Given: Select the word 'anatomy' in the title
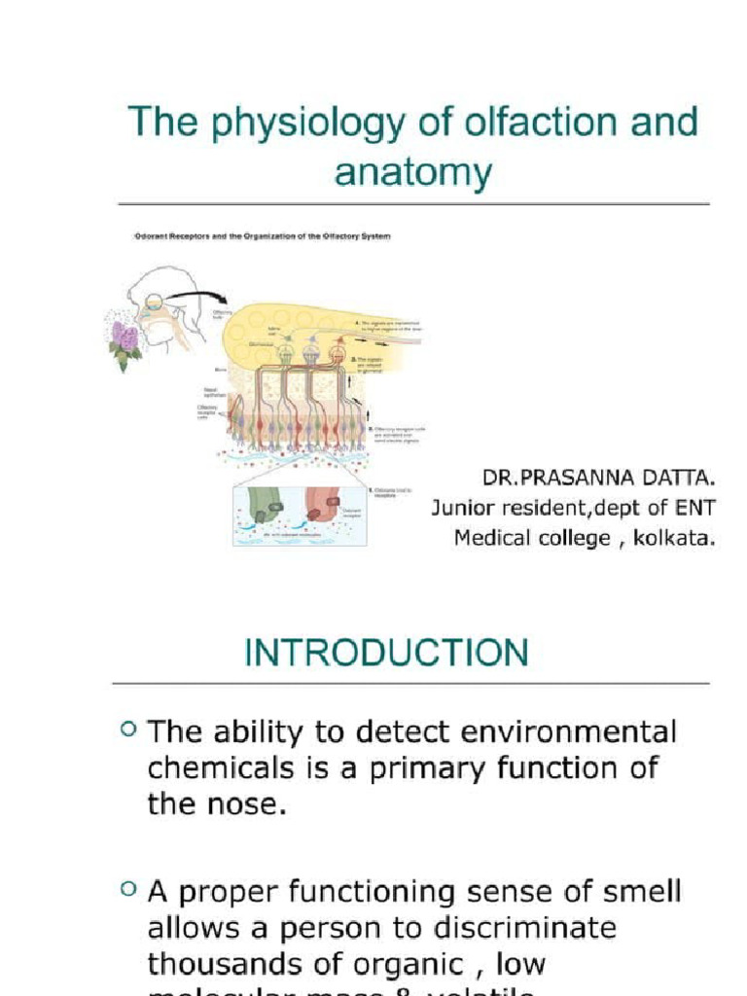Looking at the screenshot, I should tap(413, 172).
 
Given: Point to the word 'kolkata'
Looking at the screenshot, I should tap(673, 538).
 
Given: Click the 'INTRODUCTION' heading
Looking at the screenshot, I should tap(386, 653).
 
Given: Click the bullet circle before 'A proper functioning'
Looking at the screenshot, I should tap(129, 887).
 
